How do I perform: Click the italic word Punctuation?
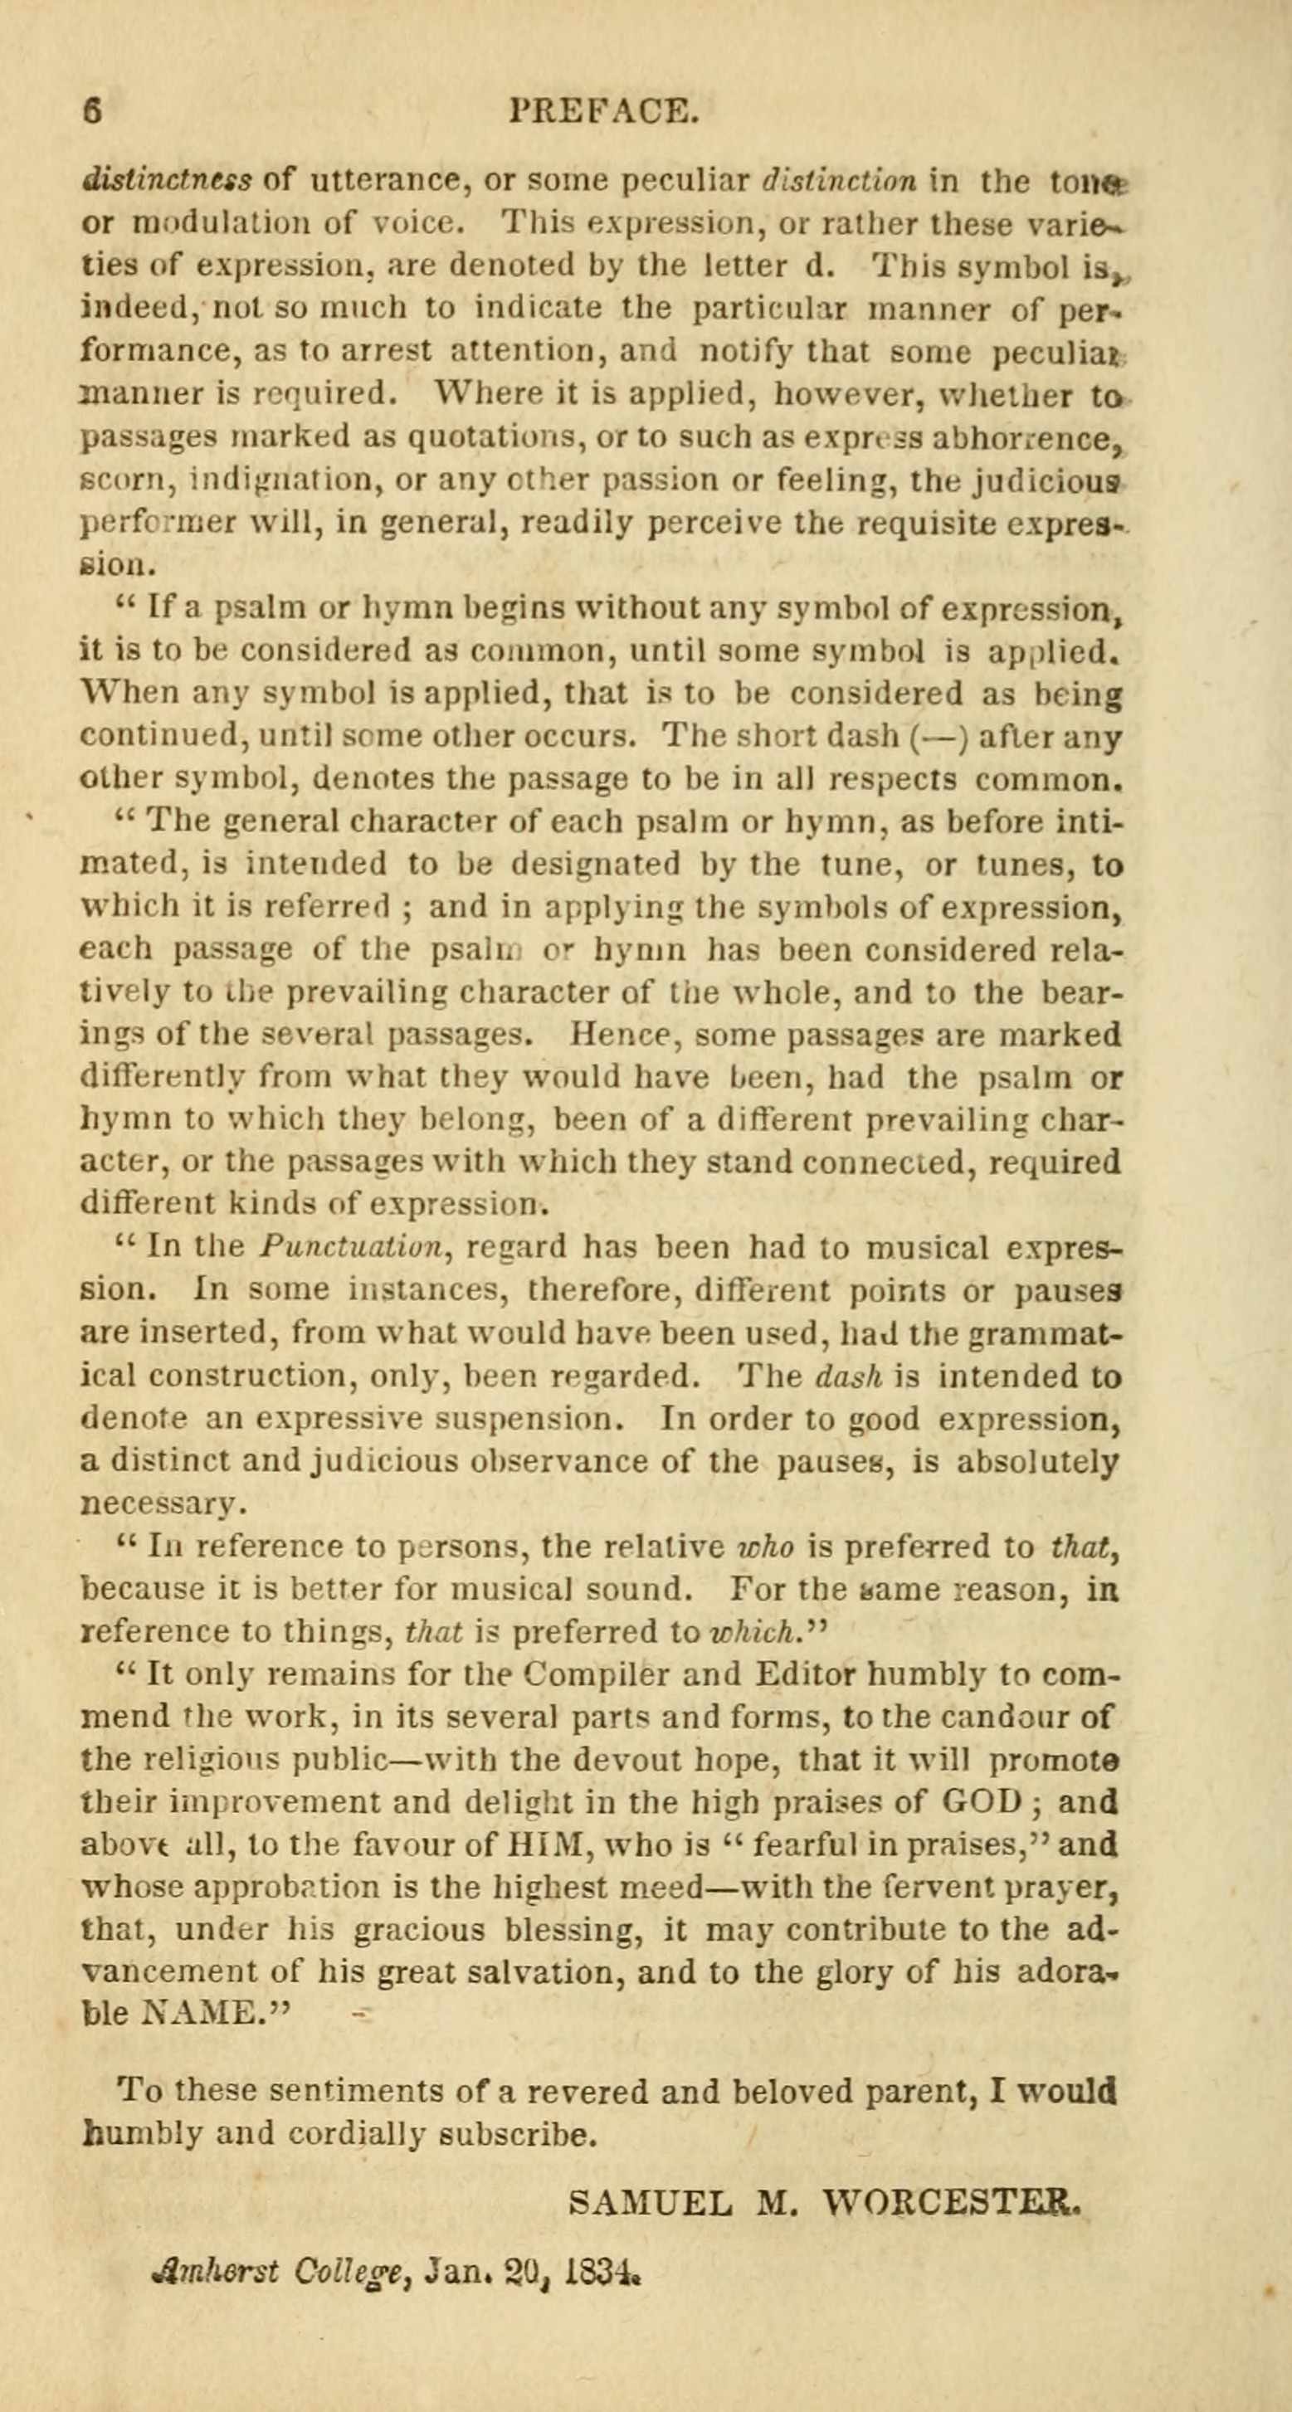[358, 1247]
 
